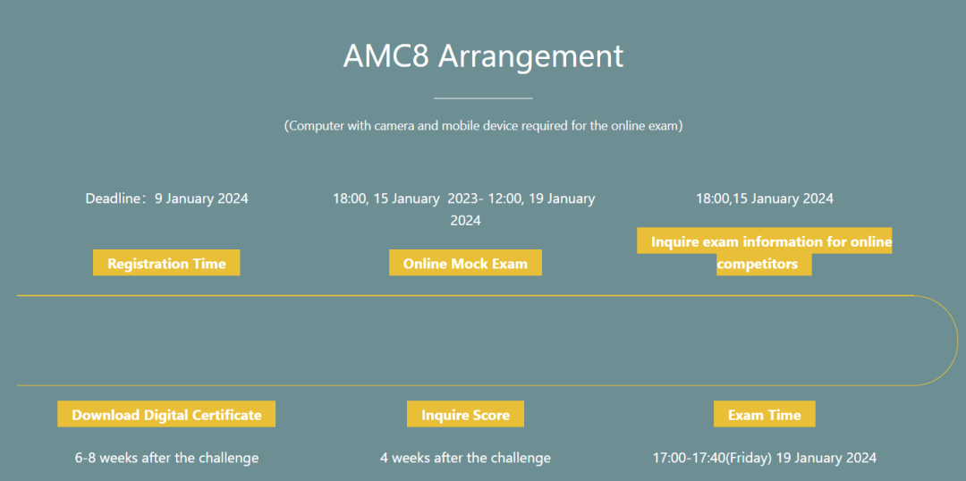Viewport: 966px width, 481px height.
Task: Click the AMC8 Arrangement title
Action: click(483, 56)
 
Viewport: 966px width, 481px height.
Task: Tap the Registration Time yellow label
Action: click(166, 263)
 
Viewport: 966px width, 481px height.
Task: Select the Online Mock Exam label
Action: click(465, 263)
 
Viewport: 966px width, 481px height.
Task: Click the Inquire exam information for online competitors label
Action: click(765, 251)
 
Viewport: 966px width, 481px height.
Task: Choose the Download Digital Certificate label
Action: click(166, 414)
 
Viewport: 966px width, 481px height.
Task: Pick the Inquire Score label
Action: click(465, 414)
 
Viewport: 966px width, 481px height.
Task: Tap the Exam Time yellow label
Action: click(765, 414)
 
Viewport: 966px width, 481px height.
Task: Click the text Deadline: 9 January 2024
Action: click(166, 199)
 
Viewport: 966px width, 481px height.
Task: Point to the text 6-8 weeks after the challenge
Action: click(166, 459)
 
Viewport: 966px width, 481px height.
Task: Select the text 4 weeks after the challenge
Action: click(465, 459)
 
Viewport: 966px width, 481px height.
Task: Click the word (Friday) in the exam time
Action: click(749, 459)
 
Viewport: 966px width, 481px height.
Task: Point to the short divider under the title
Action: click(483, 98)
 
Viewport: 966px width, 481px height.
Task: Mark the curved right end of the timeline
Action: click(957, 341)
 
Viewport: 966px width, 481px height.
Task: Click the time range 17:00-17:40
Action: click(689, 459)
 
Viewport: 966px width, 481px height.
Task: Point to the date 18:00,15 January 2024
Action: click(765, 199)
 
